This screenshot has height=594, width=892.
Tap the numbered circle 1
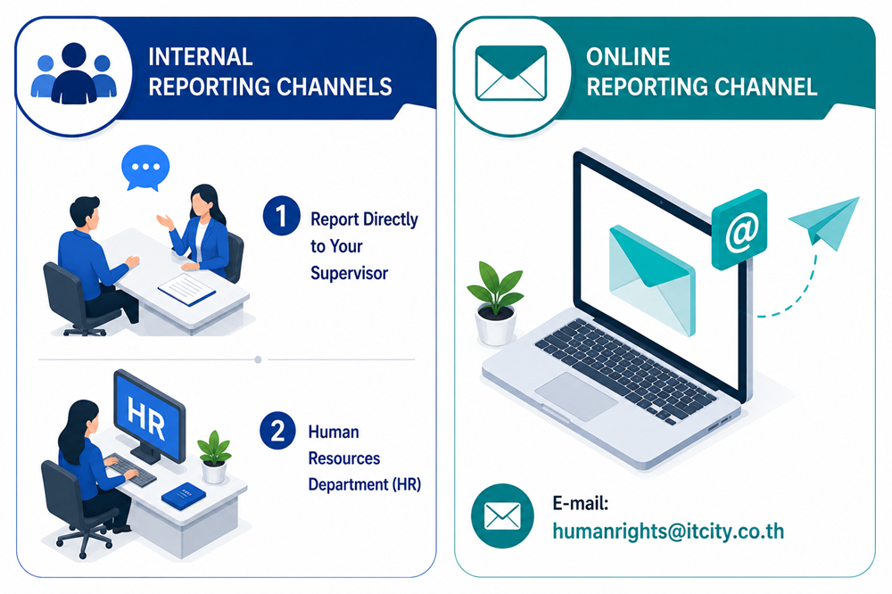pyautogui.click(x=281, y=216)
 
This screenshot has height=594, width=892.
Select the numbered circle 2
pyautogui.click(x=277, y=430)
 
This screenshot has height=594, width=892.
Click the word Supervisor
pyautogui.click(x=350, y=273)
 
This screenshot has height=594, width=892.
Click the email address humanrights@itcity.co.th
pyautogui.click(x=668, y=531)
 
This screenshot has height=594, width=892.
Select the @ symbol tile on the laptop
pyautogui.click(x=739, y=230)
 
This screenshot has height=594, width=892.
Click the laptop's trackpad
pyautogui.click(x=575, y=397)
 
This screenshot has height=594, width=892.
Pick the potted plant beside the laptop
pyautogui.click(x=495, y=303)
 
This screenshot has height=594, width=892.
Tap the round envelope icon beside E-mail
pyautogui.click(x=502, y=516)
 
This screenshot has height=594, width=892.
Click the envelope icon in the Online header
pyautogui.click(x=511, y=73)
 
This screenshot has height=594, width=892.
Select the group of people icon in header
pyautogui.click(x=74, y=73)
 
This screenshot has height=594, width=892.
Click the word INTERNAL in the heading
pyautogui.click(x=200, y=57)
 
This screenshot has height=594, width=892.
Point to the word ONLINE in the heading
pyautogui.click(x=628, y=57)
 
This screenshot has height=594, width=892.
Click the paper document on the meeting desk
pyautogui.click(x=186, y=289)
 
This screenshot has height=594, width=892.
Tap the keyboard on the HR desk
pyautogui.click(x=130, y=469)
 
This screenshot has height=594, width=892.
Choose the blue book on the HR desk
pyautogui.click(x=183, y=496)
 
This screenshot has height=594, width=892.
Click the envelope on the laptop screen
pyautogui.click(x=652, y=279)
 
